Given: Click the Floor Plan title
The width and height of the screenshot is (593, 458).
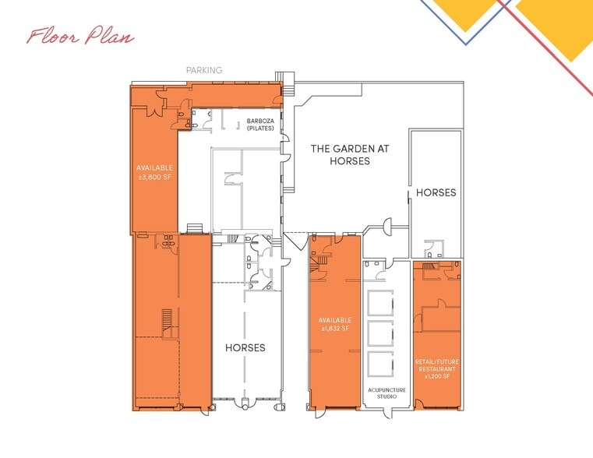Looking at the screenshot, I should [x=80, y=37].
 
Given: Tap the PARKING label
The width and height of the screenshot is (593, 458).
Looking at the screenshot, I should [x=203, y=70].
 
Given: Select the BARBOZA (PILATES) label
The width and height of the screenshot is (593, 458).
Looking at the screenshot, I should [x=259, y=125].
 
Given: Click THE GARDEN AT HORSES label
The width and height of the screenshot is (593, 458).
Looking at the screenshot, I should [x=340, y=154].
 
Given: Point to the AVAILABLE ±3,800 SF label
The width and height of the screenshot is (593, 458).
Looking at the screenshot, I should [x=154, y=172].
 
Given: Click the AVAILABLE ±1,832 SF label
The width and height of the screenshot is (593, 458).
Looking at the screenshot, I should [x=334, y=324].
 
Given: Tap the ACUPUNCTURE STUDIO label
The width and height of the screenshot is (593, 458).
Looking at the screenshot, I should [x=382, y=393].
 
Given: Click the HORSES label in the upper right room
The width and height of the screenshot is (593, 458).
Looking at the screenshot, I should [x=436, y=192].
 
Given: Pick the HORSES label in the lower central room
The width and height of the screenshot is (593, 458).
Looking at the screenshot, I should [x=245, y=347].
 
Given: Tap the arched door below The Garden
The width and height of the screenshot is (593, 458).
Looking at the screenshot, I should [x=384, y=227].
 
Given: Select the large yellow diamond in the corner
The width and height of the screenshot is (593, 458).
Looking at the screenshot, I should [x=554, y=23].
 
